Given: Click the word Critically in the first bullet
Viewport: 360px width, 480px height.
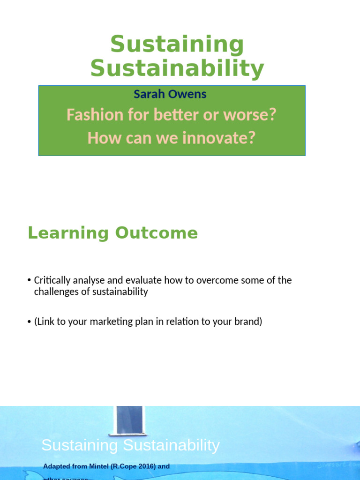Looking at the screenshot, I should pos(52,280).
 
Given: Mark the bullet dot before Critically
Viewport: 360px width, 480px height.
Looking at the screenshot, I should pos(30,281).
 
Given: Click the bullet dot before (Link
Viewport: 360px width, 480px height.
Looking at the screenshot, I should pos(30,322).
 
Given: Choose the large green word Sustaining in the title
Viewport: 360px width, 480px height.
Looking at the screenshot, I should pos(177,45).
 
